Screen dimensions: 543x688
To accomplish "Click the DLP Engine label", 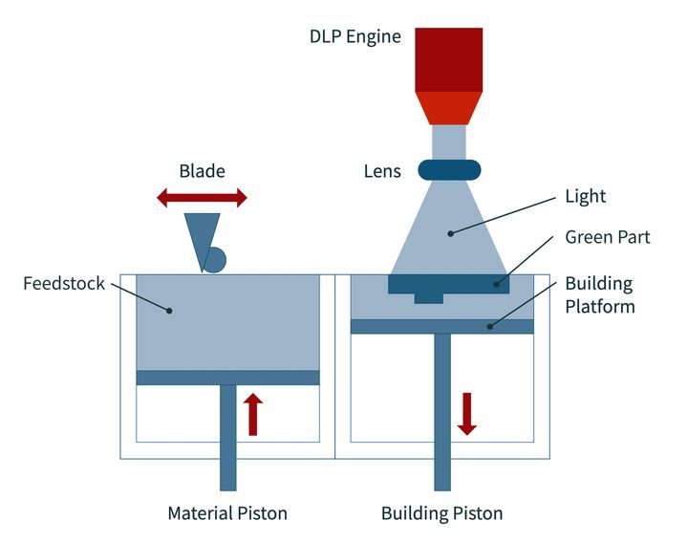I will (355, 37).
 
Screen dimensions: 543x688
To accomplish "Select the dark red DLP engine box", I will (448, 59).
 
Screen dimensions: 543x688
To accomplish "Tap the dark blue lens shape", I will (448, 170).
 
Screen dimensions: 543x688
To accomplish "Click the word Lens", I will (382, 172).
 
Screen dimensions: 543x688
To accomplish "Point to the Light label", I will (586, 197).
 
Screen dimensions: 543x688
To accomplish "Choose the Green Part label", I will (607, 237).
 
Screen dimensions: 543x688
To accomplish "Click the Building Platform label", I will (599, 295).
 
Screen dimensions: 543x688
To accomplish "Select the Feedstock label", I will (63, 284).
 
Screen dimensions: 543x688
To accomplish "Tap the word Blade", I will (202, 172).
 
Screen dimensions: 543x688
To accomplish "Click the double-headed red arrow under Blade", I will (202, 198).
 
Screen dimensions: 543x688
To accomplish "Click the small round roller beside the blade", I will (214, 260).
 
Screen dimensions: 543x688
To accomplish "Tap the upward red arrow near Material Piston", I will (253, 413).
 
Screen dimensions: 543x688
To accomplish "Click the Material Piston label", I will (227, 513).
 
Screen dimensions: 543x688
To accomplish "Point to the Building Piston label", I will (441, 513).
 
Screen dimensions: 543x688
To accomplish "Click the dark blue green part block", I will (448, 285).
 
